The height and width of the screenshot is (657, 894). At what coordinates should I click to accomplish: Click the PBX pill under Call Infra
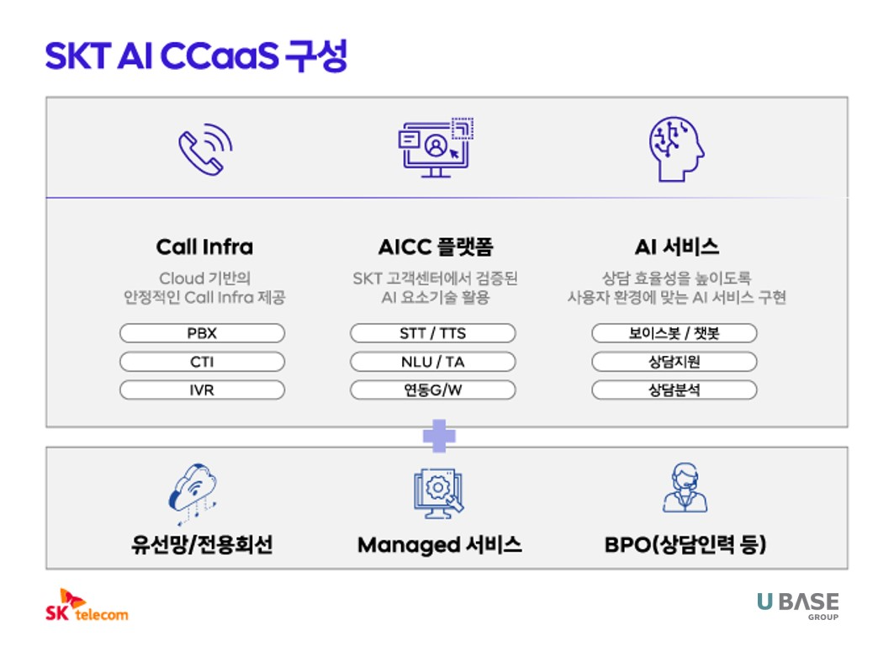click(x=202, y=333)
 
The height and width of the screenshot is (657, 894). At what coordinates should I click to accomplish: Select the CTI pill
click(x=202, y=362)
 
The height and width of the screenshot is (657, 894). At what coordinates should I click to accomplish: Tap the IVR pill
click(x=202, y=390)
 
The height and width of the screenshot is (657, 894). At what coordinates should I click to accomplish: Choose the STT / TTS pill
click(x=432, y=333)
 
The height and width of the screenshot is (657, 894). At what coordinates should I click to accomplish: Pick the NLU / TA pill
click(x=432, y=362)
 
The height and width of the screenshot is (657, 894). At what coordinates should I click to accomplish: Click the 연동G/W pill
click(x=432, y=390)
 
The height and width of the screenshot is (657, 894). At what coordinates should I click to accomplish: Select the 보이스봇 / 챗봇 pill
click(x=674, y=333)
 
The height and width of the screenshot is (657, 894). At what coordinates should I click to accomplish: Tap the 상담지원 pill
click(x=674, y=362)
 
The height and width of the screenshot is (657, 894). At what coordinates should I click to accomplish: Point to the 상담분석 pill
click(x=674, y=390)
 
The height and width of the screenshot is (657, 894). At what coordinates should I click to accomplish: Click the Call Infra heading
click(x=204, y=247)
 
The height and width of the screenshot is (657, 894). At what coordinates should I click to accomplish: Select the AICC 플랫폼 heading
click(x=435, y=247)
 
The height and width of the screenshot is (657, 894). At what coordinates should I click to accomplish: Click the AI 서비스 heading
click(x=676, y=247)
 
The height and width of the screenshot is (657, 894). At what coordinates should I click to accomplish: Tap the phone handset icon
click(x=204, y=149)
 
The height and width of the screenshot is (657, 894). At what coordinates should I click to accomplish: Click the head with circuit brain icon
click(x=676, y=149)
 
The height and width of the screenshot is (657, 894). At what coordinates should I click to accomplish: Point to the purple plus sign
click(x=439, y=436)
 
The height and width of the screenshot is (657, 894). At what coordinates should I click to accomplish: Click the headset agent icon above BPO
click(x=685, y=490)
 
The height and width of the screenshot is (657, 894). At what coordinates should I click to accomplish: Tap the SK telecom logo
click(x=87, y=606)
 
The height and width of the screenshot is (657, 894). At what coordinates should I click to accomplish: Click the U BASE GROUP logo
click(x=797, y=605)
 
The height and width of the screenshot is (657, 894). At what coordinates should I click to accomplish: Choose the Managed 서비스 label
click(x=440, y=545)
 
